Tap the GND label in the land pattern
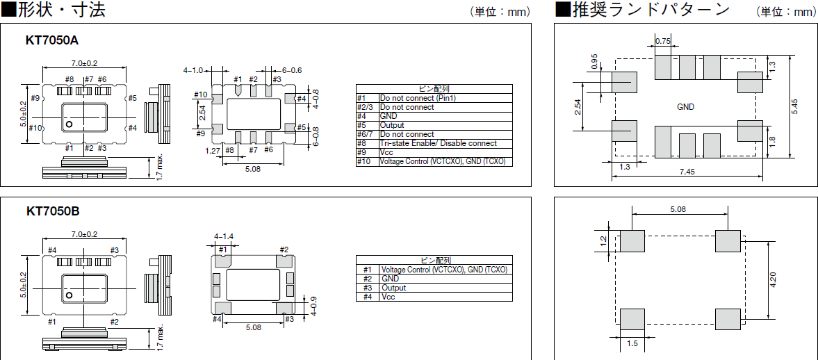(685, 107)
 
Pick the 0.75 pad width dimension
(663, 42)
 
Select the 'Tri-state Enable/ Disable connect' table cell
(438, 143)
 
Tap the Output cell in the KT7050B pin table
(393, 288)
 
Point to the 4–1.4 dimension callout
(224, 237)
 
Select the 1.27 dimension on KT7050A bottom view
(213, 150)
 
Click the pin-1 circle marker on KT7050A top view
(69, 124)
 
